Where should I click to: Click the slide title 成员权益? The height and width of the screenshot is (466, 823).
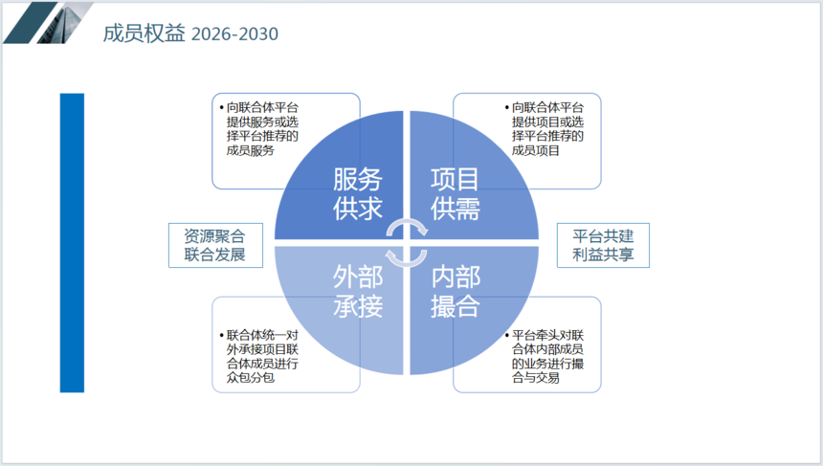point(144,33)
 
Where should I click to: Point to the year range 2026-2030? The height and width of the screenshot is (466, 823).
point(234,34)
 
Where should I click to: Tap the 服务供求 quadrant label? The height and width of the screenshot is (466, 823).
point(358,193)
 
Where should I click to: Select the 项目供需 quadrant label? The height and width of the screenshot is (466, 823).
point(456,193)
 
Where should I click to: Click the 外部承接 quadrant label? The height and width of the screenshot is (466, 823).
point(358,291)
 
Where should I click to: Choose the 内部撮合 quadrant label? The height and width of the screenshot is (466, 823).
point(456,291)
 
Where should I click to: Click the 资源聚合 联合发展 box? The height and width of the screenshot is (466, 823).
point(215,245)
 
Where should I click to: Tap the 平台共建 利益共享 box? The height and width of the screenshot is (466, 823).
point(603,245)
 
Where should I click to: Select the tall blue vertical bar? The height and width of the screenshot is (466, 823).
point(72,242)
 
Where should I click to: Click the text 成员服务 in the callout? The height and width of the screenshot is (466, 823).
point(251,150)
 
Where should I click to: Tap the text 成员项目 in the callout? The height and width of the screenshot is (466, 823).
point(536,150)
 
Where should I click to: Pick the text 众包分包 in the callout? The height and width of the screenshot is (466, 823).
point(251,377)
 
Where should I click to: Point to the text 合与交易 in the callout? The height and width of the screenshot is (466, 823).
point(536,377)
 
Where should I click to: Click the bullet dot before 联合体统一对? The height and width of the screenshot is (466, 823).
point(222,335)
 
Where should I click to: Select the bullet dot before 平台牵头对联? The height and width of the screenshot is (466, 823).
point(507,335)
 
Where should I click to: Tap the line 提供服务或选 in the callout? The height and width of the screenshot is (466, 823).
point(262,122)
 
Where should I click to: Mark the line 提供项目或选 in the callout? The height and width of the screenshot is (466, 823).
point(548,122)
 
